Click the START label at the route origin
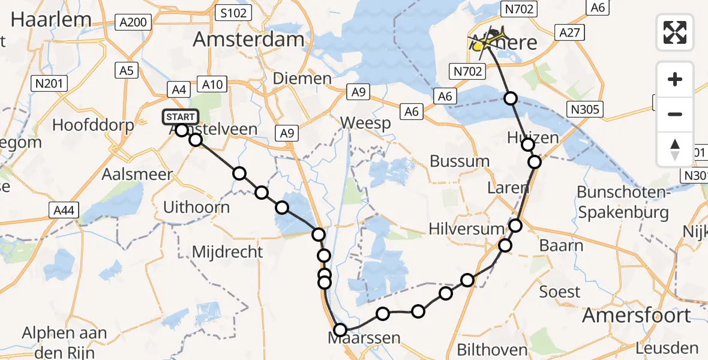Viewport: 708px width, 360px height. (180, 117)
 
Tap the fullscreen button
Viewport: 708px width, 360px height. (675, 32)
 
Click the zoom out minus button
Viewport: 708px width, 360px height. (675, 114)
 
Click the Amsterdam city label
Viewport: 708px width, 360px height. (248, 40)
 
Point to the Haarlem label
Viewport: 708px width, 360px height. (51, 19)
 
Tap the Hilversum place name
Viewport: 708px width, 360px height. (467, 229)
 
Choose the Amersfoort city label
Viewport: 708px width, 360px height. (637, 315)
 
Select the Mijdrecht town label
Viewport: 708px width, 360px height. (227, 252)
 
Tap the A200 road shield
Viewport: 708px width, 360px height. (133, 23)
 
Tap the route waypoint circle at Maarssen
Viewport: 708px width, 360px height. (340, 329)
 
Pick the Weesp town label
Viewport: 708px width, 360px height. (365, 123)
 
